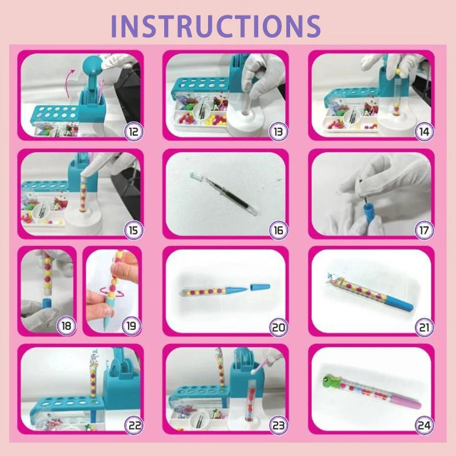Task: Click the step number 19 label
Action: coord(132,327)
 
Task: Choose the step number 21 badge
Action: coord(425,327)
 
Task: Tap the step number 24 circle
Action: coord(425,424)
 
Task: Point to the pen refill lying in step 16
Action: coord(222,192)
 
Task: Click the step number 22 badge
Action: coord(133,424)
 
